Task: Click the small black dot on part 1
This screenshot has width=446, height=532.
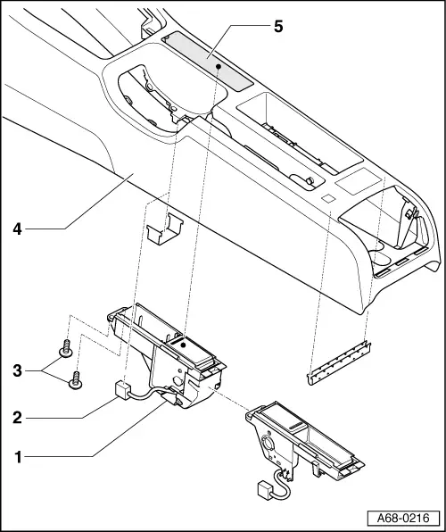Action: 181,344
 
